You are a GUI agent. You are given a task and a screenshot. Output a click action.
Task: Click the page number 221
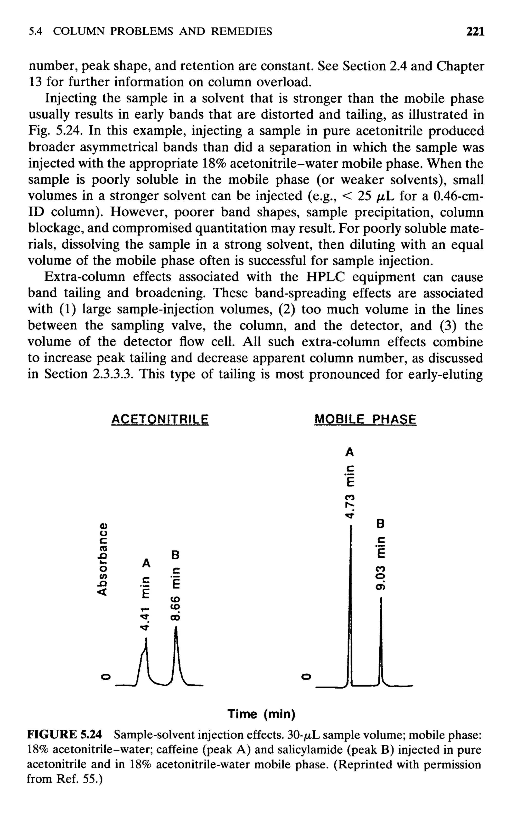475,32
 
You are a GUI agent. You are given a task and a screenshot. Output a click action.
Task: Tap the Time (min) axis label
261,714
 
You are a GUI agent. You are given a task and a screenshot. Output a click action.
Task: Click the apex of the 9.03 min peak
381,598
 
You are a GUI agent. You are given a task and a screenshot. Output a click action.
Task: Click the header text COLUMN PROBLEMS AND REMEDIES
163,32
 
